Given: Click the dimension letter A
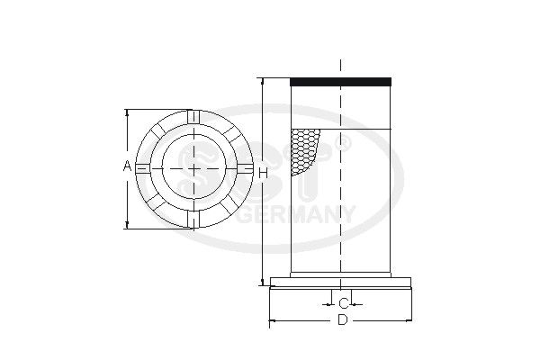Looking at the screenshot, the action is pos(128,166).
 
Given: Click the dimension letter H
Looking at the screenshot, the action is pos(263,174).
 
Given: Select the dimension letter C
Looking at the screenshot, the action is pos(344,304).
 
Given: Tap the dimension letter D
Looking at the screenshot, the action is pos(342,320).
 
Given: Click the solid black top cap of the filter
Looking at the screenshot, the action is pos(340,82).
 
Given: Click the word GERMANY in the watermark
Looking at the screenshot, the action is pos(296,215).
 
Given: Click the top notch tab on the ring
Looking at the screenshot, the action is pos(193,116).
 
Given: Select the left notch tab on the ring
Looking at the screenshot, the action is pos(142,168).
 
